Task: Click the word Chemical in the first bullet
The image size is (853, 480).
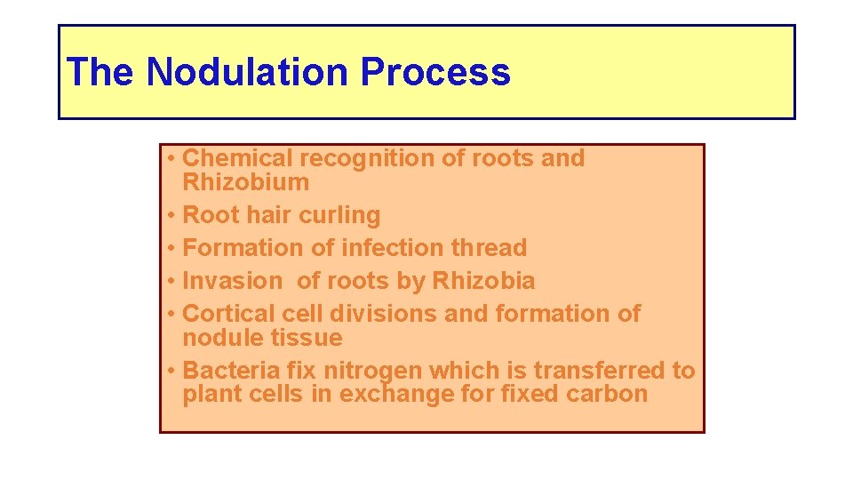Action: pos(237,158)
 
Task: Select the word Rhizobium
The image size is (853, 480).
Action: pos(246,182)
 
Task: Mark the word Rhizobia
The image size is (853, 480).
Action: pos(483,281)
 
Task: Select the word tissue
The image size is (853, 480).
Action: pos(310,338)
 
